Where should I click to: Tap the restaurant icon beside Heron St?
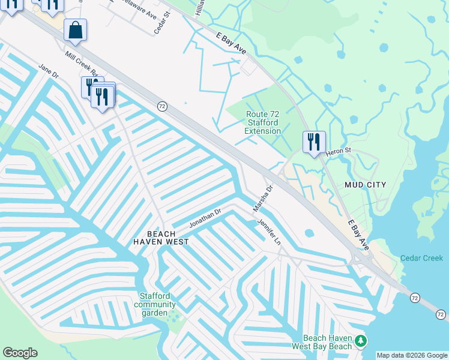tap(313, 142)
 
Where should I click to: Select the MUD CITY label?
tap(365, 185)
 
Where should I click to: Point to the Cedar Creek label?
tap(421, 258)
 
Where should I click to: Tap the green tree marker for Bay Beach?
tap(360, 341)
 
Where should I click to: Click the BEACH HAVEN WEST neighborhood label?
tap(161, 238)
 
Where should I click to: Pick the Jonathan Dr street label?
tap(205, 217)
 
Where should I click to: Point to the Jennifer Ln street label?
tap(269, 232)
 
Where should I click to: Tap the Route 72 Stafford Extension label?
tap(263, 122)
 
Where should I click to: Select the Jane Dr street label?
tap(48, 71)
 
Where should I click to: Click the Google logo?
tap(20, 353)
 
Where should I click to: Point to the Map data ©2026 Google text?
tap(412, 355)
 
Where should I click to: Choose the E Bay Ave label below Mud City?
tap(359, 234)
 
